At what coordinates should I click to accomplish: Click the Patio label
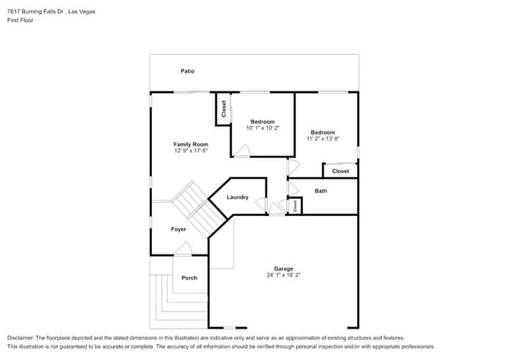[187, 71]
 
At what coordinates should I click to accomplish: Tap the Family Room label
[191, 144]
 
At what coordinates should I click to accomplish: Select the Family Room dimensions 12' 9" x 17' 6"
[191, 150]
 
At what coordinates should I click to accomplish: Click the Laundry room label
[237, 197]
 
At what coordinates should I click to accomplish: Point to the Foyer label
[179, 229]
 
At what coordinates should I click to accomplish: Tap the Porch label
[190, 278]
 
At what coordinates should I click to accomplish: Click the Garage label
[283, 268]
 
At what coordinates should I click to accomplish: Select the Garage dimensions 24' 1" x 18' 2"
[283, 275]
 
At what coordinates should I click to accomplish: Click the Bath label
[321, 191]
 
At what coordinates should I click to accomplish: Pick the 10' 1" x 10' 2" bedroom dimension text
[262, 128]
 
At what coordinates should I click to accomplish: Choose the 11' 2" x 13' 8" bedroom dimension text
[323, 139]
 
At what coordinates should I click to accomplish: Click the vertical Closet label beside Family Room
[224, 109]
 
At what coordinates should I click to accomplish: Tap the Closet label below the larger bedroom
[341, 171]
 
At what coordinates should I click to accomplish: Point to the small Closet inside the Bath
[295, 207]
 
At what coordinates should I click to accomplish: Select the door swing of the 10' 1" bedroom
[242, 150]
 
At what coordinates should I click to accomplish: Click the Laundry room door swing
[261, 206]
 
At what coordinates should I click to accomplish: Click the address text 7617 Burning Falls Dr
[35, 12]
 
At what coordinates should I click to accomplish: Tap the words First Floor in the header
[20, 20]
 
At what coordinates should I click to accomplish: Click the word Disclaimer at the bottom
[20, 338]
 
